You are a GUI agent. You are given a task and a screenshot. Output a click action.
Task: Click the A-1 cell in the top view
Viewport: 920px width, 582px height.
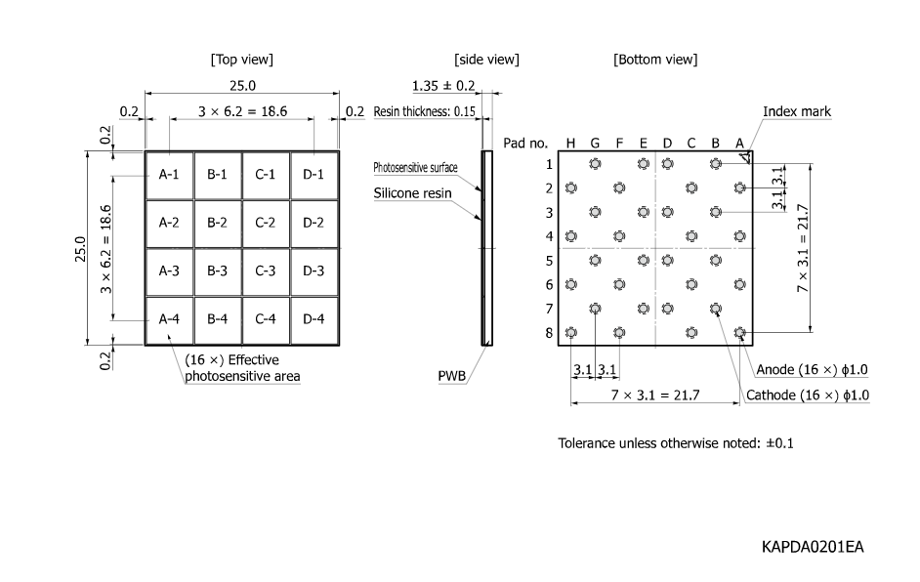click(x=169, y=175)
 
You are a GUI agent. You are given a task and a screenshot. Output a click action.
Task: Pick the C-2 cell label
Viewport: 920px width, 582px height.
click(x=266, y=223)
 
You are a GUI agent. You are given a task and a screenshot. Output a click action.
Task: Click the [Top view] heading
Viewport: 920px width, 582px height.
click(x=241, y=60)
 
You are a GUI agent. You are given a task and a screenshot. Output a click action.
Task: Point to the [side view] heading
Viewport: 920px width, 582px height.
click(x=486, y=60)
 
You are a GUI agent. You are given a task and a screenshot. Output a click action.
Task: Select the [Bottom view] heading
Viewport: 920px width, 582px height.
click(x=655, y=60)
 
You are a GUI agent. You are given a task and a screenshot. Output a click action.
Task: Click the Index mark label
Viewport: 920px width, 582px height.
click(x=797, y=111)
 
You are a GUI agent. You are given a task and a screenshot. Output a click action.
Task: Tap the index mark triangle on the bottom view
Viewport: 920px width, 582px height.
click(x=745, y=156)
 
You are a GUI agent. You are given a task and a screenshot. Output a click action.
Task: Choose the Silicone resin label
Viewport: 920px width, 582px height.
click(x=412, y=193)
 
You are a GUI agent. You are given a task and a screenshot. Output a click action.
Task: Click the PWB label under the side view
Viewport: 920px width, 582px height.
click(x=450, y=374)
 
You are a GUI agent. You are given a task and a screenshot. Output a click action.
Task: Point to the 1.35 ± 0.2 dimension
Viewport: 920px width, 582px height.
click(x=443, y=85)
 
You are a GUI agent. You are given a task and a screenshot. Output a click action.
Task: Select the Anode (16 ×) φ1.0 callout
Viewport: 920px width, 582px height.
click(x=813, y=369)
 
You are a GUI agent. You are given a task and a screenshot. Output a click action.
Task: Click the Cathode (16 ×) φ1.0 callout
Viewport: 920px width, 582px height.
click(x=807, y=395)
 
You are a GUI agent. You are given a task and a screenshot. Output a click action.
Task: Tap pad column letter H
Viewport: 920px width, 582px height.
click(x=570, y=144)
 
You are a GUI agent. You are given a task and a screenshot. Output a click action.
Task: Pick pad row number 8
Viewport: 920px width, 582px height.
click(x=549, y=333)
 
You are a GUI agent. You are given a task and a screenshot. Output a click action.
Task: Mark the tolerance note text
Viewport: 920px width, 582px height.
click(x=676, y=442)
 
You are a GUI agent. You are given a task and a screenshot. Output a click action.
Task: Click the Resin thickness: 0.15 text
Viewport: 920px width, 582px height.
click(x=424, y=111)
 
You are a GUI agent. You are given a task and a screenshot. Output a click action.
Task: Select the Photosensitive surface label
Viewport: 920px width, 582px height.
click(x=415, y=168)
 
